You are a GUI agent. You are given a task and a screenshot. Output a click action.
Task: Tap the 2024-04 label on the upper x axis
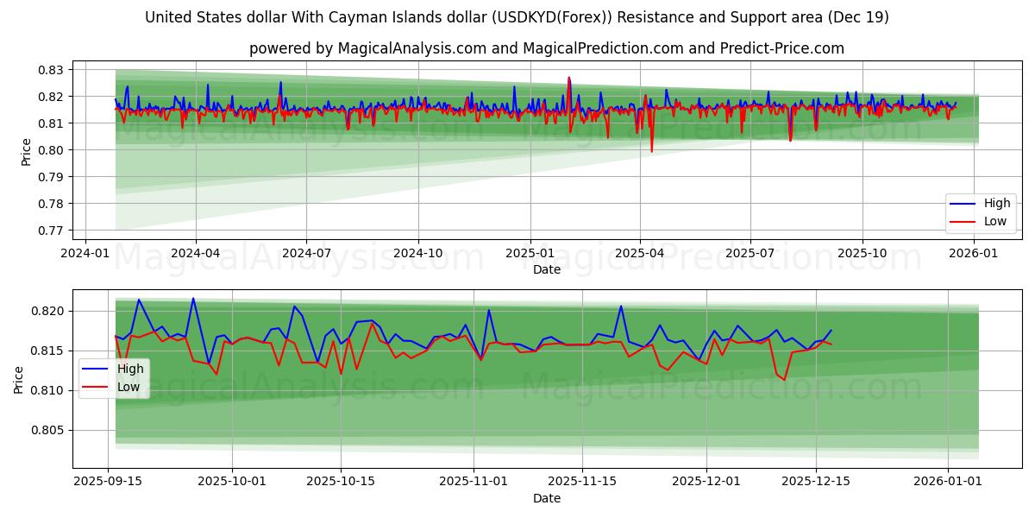click(x=195, y=252)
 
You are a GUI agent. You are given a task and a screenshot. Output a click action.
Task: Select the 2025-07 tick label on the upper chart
click(x=750, y=252)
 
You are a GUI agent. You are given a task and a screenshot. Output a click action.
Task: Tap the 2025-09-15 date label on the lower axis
click(x=108, y=481)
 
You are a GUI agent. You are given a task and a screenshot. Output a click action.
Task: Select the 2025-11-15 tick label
click(x=582, y=481)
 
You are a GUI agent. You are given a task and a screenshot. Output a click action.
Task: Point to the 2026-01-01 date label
click(x=948, y=481)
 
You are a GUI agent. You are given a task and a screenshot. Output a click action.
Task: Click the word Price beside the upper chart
click(x=26, y=151)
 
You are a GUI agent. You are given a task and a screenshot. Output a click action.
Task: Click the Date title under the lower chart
click(x=546, y=498)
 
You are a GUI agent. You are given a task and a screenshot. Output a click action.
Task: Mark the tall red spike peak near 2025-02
click(x=568, y=78)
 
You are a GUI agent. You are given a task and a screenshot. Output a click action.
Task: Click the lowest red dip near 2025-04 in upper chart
click(x=651, y=152)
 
